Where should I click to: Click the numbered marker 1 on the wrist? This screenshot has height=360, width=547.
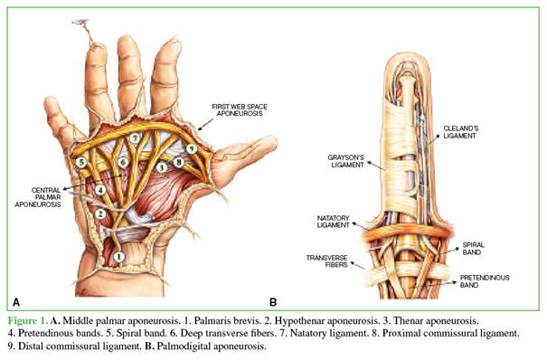pyautogui.click(x=119, y=257)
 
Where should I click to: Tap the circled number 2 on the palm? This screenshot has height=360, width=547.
pyautogui.click(x=100, y=213)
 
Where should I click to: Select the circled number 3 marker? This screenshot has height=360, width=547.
pyautogui.click(x=161, y=167)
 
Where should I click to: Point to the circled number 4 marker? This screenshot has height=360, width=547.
pyautogui.click(x=100, y=190)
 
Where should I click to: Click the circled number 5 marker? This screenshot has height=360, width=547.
pyautogui.click(x=81, y=162)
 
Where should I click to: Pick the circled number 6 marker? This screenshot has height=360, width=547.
pyautogui.click(x=122, y=162)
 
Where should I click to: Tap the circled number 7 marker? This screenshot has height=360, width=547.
pyautogui.click(x=135, y=138)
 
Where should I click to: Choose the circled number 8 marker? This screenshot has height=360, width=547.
pyautogui.click(x=179, y=162)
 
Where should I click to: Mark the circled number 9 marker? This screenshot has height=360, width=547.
pyautogui.click(x=191, y=149)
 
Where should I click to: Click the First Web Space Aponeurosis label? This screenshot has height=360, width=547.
pyautogui.click(x=240, y=109)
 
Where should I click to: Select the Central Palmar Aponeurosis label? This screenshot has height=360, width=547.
pyautogui.click(x=38, y=197)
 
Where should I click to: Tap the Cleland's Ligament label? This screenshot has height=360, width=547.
pyautogui.click(x=460, y=132)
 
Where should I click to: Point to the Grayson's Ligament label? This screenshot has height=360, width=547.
pyautogui.click(x=346, y=161)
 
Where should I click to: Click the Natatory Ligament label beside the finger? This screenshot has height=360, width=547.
pyautogui.click(x=333, y=222)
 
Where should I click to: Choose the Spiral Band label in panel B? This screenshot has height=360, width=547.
pyautogui.click(x=474, y=249)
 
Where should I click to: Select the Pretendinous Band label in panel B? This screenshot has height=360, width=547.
pyautogui.click(x=485, y=281)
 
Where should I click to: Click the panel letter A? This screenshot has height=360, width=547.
pyautogui.click(x=16, y=302)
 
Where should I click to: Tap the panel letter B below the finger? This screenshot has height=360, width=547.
pyautogui.click(x=273, y=302)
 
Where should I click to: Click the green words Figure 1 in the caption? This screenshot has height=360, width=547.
pyautogui.click(x=27, y=320)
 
